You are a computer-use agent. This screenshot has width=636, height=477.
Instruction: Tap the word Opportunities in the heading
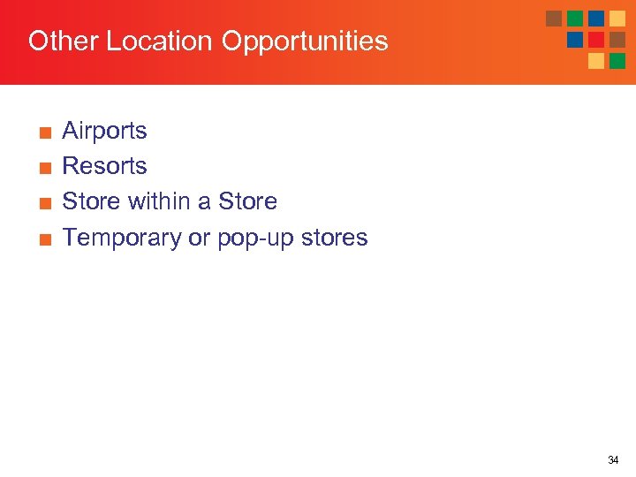click(305, 42)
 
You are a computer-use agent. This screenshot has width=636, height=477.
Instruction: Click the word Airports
click(104, 131)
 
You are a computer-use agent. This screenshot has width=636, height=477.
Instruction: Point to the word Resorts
click(104, 166)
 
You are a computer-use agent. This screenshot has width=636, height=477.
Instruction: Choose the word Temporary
click(122, 238)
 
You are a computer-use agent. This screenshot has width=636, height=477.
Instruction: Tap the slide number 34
click(613, 460)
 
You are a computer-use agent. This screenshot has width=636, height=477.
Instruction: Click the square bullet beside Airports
click(44, 132)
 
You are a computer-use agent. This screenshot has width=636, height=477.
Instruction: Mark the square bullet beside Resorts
click(44, 168)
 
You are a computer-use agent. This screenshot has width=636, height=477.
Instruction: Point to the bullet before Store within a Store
click(44, 203)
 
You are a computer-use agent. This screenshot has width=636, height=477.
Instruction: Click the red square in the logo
click(596, 40)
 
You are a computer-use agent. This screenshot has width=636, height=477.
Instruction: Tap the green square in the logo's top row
click(575, 19)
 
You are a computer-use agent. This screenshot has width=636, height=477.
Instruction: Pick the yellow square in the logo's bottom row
click(596, 61)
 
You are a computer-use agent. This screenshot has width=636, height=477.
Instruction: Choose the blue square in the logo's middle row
click(575, 40)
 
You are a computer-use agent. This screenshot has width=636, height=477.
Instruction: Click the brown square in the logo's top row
click(554, 19)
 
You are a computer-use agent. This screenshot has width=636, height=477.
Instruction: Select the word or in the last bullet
click(199, 238)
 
